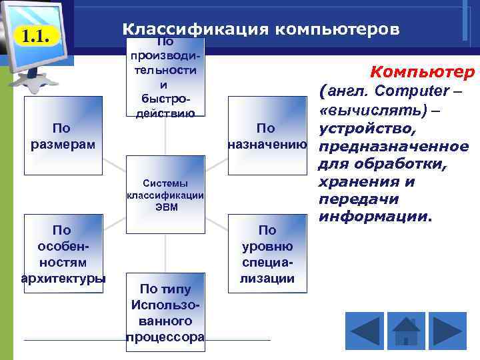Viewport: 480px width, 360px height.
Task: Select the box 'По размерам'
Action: coord(63,135)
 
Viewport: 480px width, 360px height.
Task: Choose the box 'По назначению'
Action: coord(267,135)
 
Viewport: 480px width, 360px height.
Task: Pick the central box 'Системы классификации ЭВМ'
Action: coord(165,195)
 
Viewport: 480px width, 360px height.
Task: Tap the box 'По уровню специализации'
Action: coord(267,253)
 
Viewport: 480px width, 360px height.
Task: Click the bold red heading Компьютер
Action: coord(422,71)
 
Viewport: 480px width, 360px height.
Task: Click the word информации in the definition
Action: coord(375,217)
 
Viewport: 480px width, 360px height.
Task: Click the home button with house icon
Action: coord(406,332)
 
